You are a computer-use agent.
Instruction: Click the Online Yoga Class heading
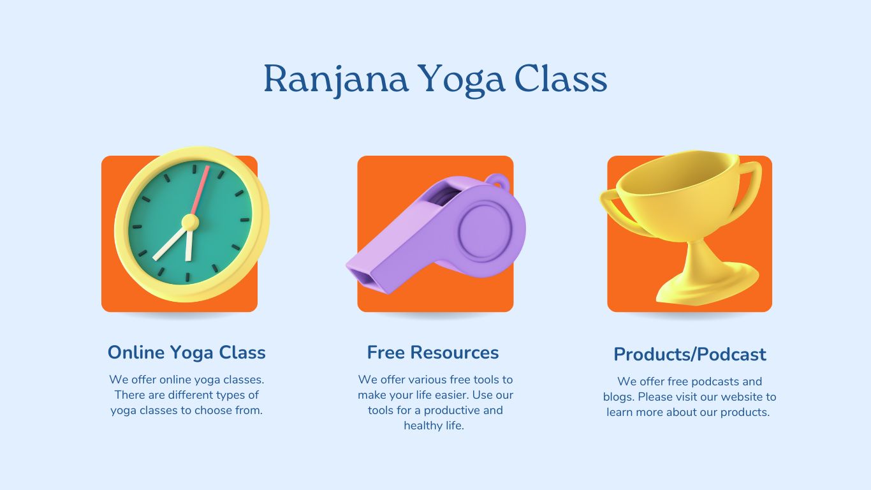click(x=186, y=352)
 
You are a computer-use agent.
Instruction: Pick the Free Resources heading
click(x=433, y=352)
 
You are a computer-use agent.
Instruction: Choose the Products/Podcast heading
click(x=690, y=354)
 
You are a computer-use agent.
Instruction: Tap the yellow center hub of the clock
click(x=190, y=222)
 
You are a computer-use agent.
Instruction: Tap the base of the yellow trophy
click(x=708, y=287)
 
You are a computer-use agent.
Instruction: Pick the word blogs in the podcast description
click(x=617, y=397)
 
